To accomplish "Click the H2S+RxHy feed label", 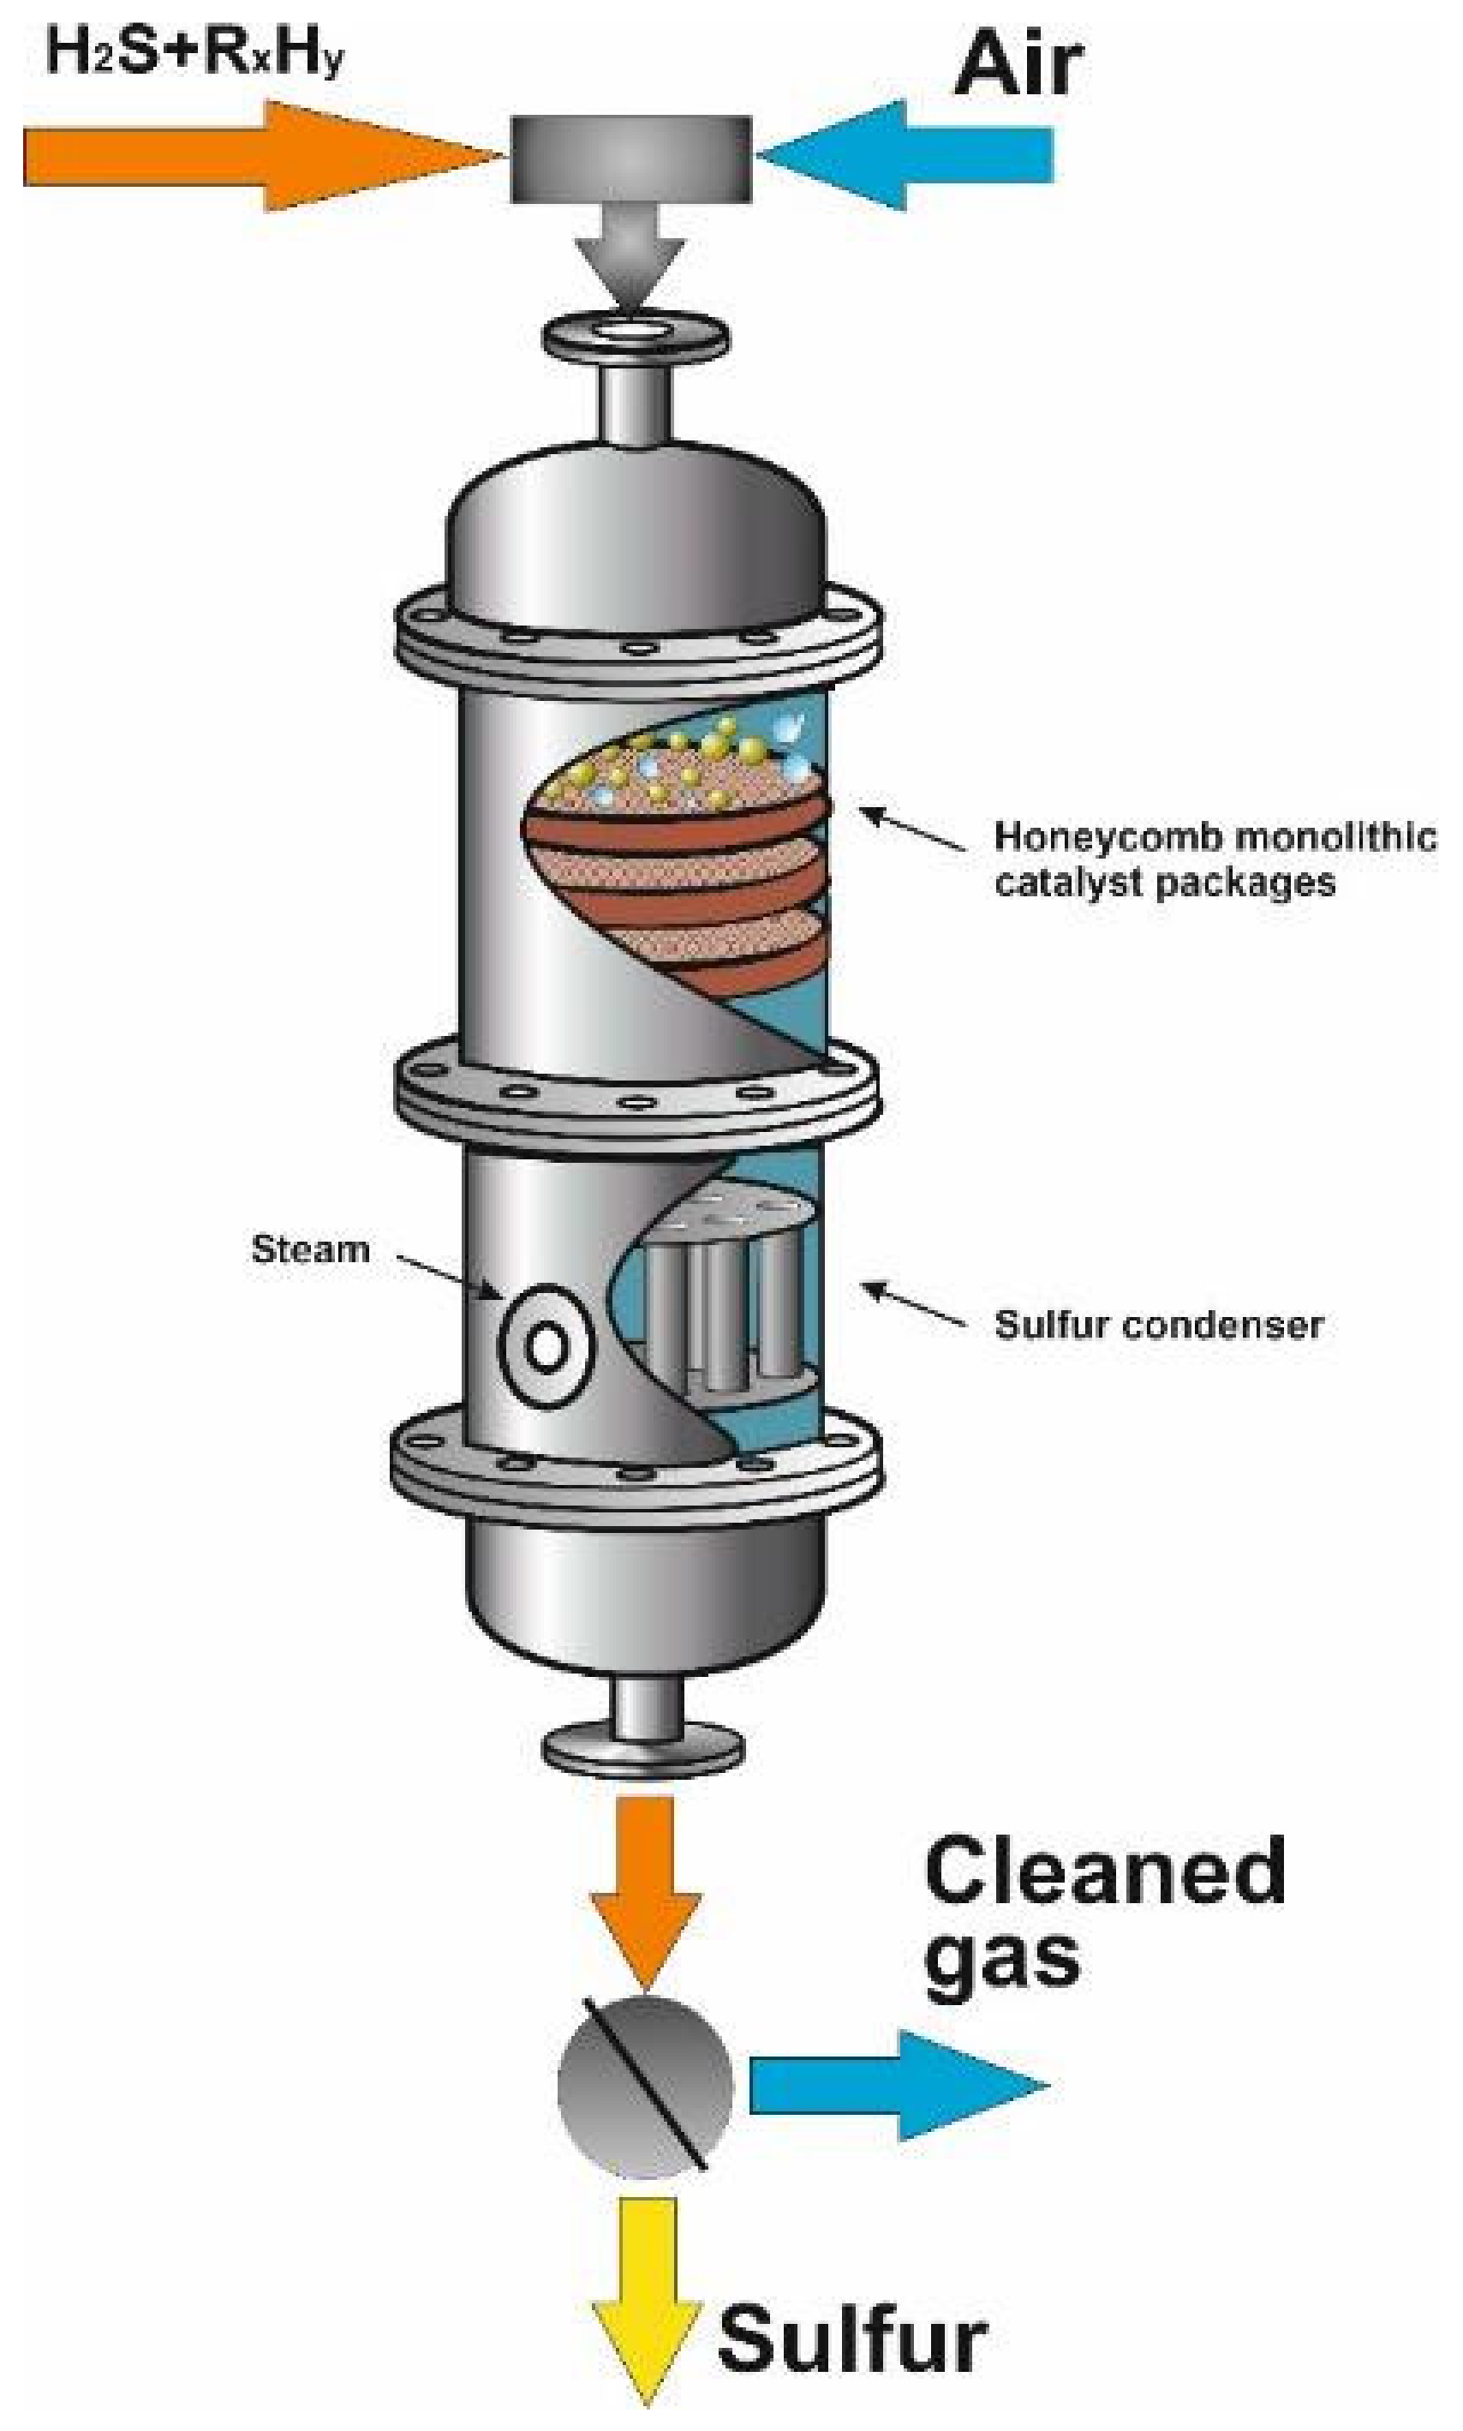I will tap(194, 51).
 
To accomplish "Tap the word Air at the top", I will tap(1018, 64).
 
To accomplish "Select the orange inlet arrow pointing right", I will tap(247, 157).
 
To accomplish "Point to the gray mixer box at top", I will tap(631, 159).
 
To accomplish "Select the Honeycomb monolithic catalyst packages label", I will tap(1213, 859).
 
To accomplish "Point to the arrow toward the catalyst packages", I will tap(912, 829).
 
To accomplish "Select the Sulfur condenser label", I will tap(1158, 1325).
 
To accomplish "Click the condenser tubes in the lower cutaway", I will tap(730, 1302).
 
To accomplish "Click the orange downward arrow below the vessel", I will tap(646, 1883).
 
